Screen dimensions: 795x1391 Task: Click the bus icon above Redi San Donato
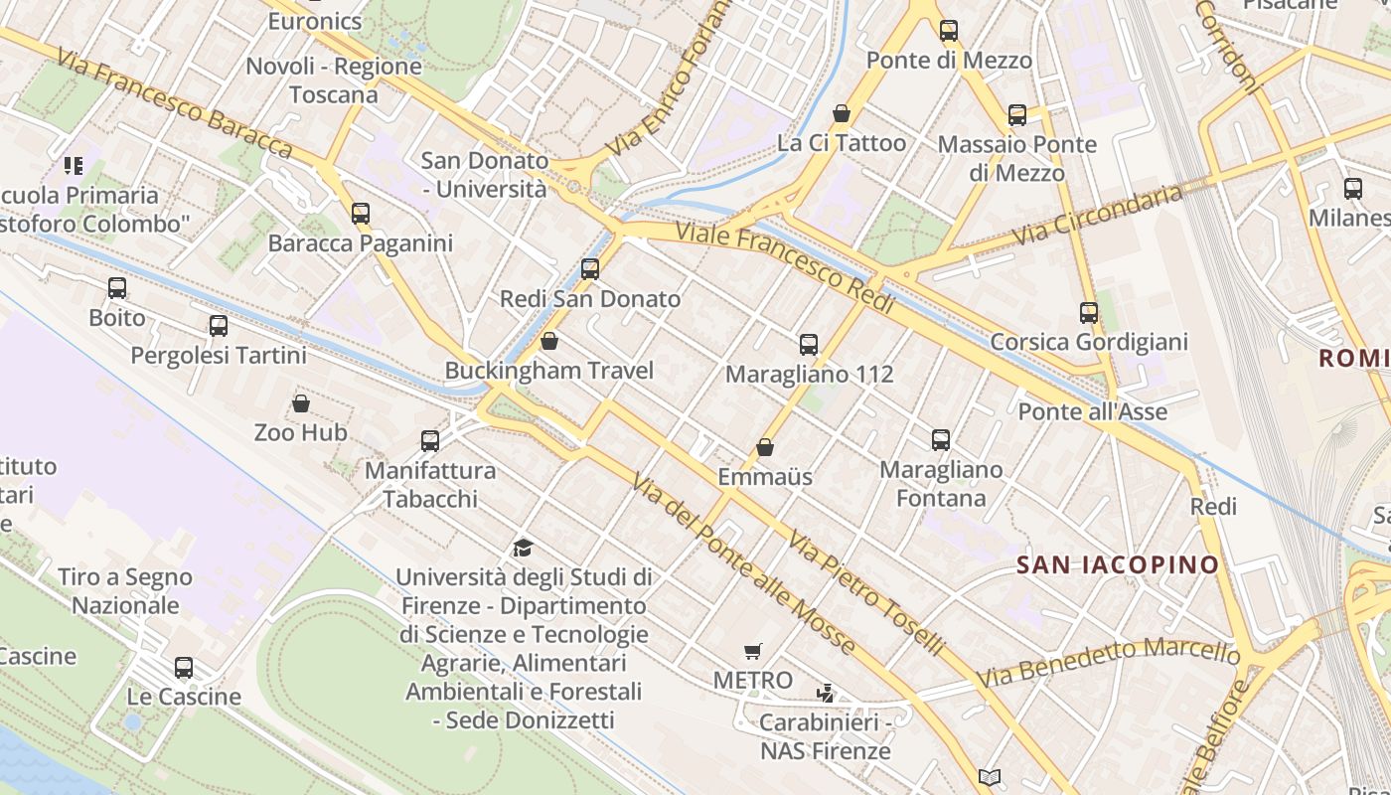coord(590,269)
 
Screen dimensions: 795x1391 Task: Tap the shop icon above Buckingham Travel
coord(549,342)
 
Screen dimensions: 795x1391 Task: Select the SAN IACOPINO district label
coord(1118,565)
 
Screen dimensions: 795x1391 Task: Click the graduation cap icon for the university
coord(523,548)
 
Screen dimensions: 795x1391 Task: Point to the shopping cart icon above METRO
coord(753,652)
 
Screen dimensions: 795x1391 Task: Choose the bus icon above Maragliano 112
coord(809,345)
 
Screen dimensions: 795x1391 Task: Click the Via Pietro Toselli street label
coord(865,593)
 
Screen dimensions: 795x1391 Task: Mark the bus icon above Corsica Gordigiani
coord(1089,313)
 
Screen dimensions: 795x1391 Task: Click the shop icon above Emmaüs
coord(765,447)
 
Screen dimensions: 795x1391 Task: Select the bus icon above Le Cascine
coord(184,668)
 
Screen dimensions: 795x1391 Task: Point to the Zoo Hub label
coord(300,432)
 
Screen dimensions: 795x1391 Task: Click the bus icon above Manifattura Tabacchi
coord(430,440)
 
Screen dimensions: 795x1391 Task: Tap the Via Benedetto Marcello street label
coord(1109,663)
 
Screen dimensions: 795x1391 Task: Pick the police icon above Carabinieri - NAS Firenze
coord(825,693)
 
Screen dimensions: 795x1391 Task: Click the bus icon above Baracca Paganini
coord(361,214)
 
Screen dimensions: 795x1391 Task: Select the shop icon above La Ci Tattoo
coord(842,113)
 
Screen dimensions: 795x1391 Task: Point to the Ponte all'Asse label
coord(1093,411)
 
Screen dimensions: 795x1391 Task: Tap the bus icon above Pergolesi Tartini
coord(219,326)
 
